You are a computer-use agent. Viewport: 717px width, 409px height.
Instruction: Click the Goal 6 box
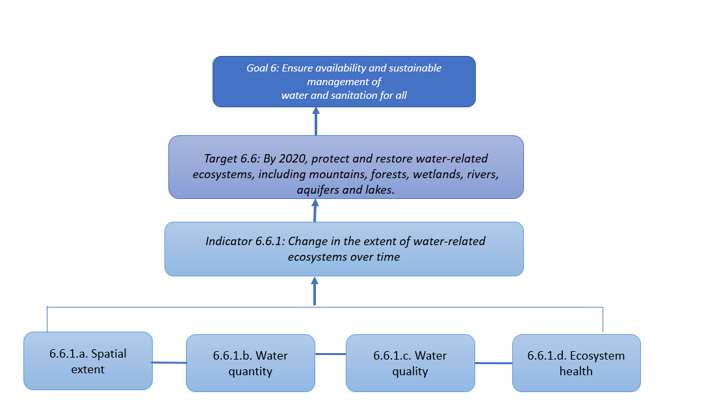344,81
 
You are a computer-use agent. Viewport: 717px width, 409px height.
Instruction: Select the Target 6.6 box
346,167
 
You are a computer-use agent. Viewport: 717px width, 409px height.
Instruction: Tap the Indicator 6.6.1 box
344,249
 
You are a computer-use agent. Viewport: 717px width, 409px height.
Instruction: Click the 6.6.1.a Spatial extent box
88,361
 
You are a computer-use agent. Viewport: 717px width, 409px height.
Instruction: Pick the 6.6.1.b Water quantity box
250,363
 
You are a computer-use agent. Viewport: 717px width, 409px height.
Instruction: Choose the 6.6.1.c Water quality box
410,363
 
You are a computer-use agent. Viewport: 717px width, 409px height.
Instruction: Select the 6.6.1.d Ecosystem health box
576,363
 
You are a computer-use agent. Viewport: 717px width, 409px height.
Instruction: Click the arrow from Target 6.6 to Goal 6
315,121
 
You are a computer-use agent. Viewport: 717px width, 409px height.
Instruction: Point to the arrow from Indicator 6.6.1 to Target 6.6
315,211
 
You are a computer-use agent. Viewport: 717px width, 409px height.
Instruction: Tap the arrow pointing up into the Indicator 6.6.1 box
315,291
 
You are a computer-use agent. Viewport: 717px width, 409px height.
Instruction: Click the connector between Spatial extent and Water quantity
169,363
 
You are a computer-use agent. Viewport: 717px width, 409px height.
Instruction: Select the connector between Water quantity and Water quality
331,354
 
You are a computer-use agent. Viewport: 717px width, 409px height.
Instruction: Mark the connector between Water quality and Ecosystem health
493,363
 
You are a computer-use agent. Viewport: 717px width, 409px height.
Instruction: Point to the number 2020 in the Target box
293,159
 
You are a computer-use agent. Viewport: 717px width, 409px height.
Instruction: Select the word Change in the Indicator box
307,241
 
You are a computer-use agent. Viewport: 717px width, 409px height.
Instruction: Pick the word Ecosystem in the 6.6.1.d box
597,356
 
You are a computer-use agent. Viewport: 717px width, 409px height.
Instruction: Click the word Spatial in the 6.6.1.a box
109,354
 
